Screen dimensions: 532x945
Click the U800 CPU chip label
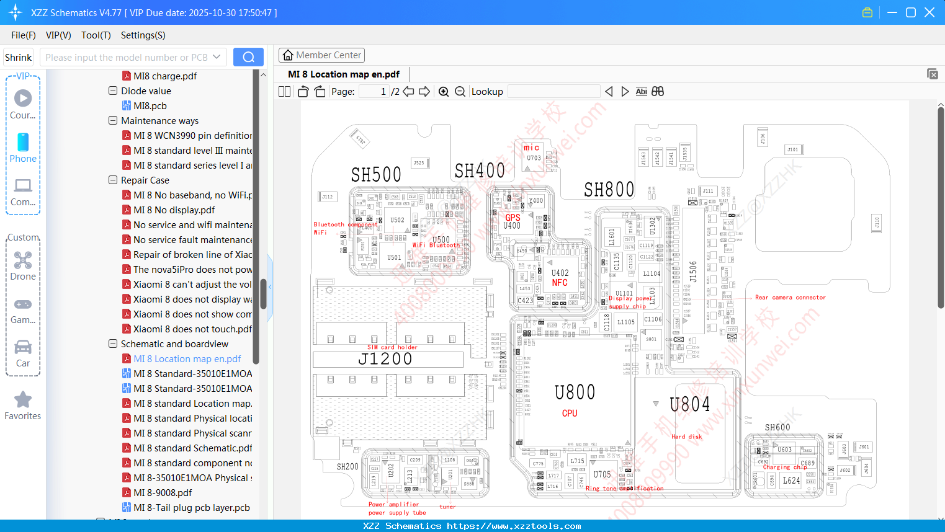[575, 392]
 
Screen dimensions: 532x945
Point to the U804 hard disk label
[689, 405]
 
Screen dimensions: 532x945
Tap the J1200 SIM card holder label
[385, 359]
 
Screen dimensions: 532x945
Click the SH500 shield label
[376, 175]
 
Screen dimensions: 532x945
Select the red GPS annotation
[513, 218]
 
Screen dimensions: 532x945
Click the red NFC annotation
[560, 283]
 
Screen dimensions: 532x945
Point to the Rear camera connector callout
[790, 298]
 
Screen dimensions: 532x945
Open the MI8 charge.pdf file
[165, 76]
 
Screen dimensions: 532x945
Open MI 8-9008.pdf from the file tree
[163, 493]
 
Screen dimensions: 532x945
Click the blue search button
[248, 57]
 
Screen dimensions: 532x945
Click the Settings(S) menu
[143, 35]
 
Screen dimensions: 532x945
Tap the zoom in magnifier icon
[444, 92]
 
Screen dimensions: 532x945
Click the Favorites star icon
[23, 400]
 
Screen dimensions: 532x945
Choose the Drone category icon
[23, 260]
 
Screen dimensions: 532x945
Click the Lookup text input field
[553, 92]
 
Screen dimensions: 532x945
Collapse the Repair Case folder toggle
[113, 180]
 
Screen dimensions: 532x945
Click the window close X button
[929, 12]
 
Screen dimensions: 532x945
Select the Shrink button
[18, 58]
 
